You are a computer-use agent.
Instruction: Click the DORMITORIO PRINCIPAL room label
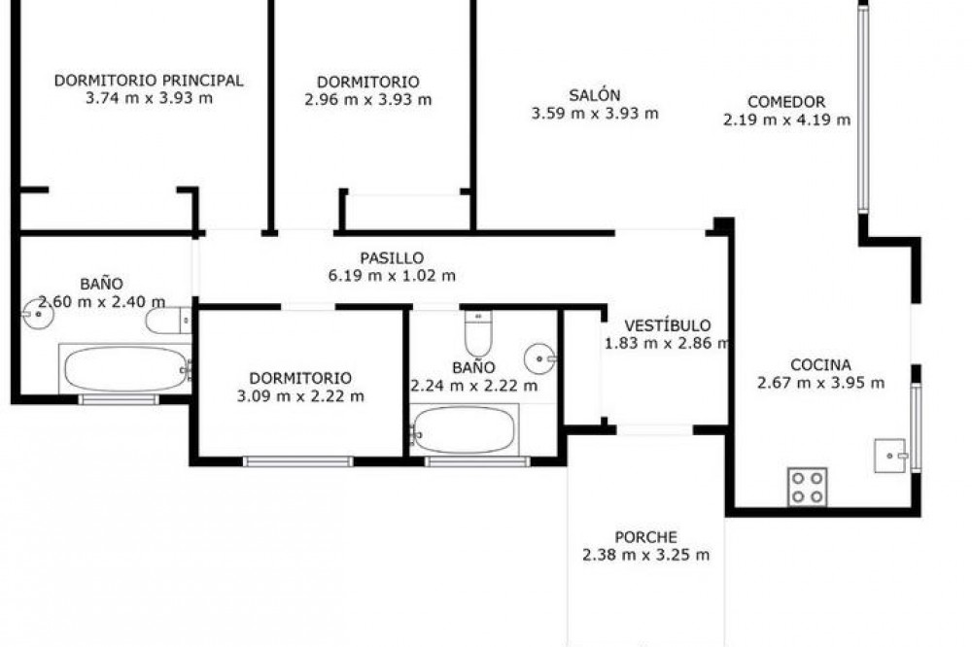pos(149,81)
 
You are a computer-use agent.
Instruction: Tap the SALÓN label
pos(595,95)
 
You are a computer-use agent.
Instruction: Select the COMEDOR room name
pos(786,102)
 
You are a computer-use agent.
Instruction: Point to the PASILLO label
pos(392,257)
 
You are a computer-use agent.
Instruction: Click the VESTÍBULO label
pos(667,325)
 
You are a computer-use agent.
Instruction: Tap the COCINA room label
pos(820,364)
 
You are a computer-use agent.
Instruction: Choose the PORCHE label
pos(645,536)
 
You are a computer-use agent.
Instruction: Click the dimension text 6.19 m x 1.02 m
pos(392,276)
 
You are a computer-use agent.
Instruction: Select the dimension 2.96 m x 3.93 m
pos(368,100)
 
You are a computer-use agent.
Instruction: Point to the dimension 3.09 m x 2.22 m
pos(300,396)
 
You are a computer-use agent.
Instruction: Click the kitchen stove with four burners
pos(807,487)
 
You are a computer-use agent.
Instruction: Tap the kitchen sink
pos(890,456)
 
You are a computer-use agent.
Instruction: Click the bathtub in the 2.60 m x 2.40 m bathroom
pos(125,369)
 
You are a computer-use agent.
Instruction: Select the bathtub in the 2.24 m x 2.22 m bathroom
pos(464,429)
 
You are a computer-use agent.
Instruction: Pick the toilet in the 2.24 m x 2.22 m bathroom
pos(478,333)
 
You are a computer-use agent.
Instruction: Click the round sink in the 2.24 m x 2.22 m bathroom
pos(539,358)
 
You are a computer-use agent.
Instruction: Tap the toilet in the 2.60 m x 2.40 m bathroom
pos(168,321)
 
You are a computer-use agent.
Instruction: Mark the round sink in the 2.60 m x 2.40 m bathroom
pos(38,314)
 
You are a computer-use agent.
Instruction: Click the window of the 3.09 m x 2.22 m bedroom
pos(297,461)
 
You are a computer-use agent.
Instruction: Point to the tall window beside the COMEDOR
pos(863,109)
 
